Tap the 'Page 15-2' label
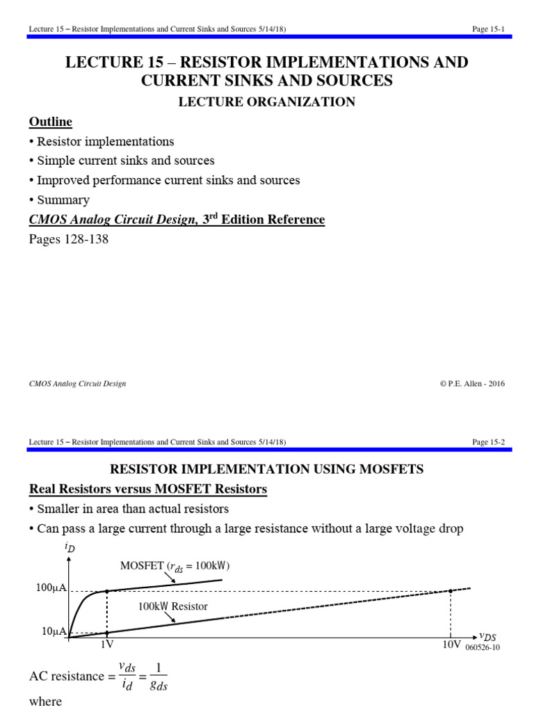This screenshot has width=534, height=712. click(487, 442)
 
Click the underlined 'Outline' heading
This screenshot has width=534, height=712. click(50, 122)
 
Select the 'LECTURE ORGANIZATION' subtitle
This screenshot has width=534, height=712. click(267, 102)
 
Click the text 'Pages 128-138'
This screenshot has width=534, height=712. click(68, 239)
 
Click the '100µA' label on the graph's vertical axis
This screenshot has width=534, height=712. click(51, 589)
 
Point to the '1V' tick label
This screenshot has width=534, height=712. click(106, 645)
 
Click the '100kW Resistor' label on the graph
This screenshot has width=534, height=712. click(172, 606)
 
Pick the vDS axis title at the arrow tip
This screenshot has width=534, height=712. click(489, 635)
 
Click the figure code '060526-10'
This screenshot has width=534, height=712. click(482, 647)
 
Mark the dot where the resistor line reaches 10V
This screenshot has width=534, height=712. click(451, 591)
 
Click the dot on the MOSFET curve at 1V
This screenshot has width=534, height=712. click(106, 592)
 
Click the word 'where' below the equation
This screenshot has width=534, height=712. click(45, 702)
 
